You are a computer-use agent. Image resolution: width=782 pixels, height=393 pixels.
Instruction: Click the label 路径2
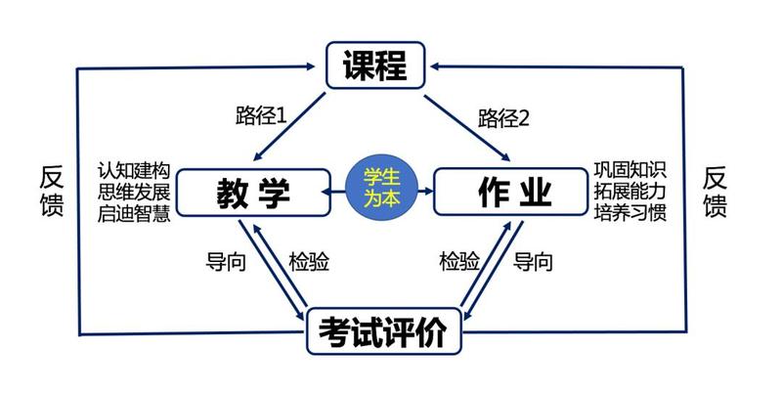(503, 117)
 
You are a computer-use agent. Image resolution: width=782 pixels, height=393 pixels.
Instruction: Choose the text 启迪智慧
(135, 211)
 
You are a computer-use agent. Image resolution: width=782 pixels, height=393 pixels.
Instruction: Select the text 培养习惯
(630, 211)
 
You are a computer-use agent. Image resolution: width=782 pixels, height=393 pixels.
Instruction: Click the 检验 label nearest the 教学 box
(308, 262)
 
